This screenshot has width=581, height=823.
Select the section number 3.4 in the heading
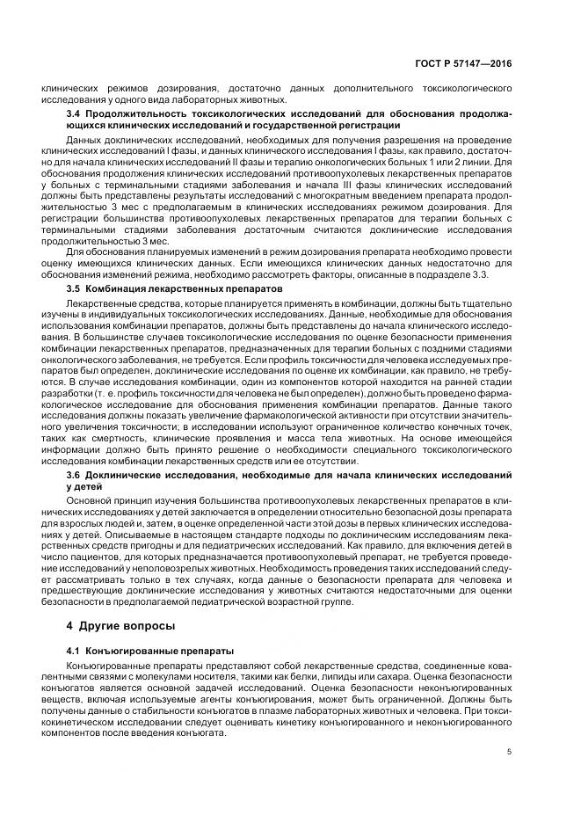[x=76, y=113]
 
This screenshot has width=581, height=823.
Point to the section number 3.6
[x=76, y=475]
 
